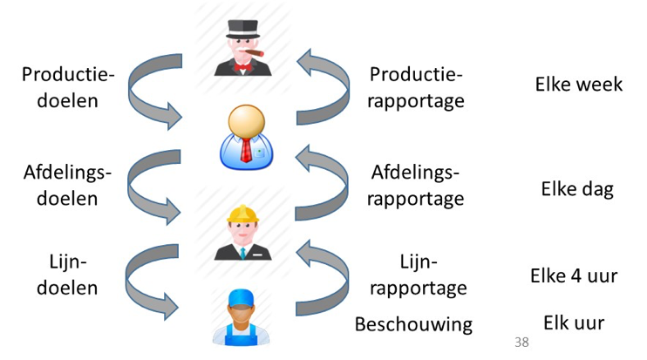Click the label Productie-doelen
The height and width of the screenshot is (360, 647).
(x=68, y=87)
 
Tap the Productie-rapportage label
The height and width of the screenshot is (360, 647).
(x=416, y=87)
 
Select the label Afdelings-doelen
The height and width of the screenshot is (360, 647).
(x=67, y=185)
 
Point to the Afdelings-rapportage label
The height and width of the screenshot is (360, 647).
(x=416, y=185)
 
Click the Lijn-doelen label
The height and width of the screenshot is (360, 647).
(x=67, y=275)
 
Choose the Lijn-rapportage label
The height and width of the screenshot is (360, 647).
(x=419, y=275)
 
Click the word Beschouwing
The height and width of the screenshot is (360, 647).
(x=413, y=324)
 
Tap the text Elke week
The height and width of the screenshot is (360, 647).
(x=579, y=85)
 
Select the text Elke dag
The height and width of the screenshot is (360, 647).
(x=577, y=189)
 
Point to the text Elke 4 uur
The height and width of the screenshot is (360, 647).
(x=574, y=275)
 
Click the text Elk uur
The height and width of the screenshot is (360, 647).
(x=574, y=323)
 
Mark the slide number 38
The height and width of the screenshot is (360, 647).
(x=521, y=342)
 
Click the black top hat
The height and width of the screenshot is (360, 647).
(x=243, y=29)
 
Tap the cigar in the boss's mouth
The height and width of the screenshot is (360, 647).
(x=255, y=53)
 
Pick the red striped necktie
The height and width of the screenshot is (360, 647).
(x=246, y=151)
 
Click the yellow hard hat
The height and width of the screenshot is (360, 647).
(x=242, y=214)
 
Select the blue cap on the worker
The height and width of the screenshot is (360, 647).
(x=241, y=299)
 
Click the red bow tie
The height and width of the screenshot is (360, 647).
(x=242, y=67)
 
